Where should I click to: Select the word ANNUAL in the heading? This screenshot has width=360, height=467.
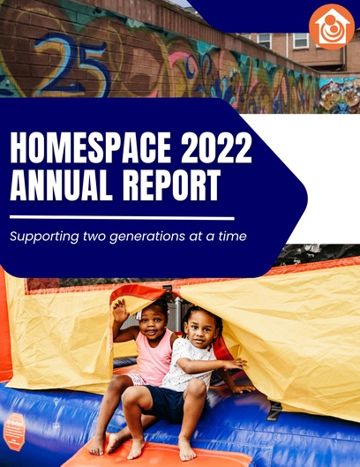pyautogui.click(x=61, y=185)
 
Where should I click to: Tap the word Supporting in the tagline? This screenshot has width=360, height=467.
pyautogui.click(x=44, y=237)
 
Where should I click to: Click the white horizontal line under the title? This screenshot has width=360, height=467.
pyautogui.click(x=122, y=218)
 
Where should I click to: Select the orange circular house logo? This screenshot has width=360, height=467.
pyautogui.click(x=332, y=26)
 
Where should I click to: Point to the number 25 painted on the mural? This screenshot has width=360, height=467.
pyautogui.click(x=71, y=64)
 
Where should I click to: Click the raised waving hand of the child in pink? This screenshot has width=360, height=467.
pyautogui.click(x=120, y=311)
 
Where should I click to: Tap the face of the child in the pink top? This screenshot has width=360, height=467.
pyautogui.click(x=153, y=325)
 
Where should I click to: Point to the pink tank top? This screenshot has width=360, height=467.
pyautogui.click(x=154, y=358)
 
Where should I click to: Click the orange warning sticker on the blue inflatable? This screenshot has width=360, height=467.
pyautogui.click(x=14, y=432)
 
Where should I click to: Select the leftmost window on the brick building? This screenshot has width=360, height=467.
pyautogui.click(x=264, y=41)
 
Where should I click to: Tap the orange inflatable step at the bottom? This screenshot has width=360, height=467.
pyautogui.click(x=158, y=454)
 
